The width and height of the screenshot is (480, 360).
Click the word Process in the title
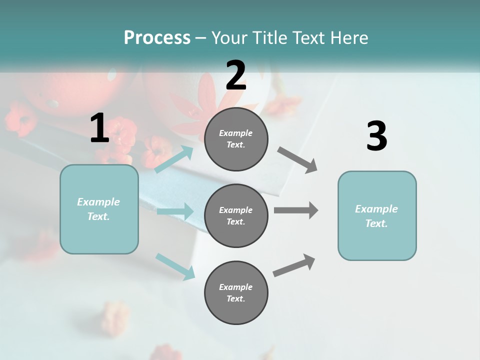pyautogui.click(x=157, y=38)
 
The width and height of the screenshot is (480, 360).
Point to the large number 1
pyautogui.click(x=99, y=128)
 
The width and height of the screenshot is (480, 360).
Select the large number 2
pyautogui.click(x=236, y=75)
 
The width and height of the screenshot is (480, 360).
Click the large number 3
pyautogui.click(x=376, y=136)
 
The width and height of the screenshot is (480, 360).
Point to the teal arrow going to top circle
pyautogui.click(x=174, y=159)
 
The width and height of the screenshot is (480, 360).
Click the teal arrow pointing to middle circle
pyautogui.click(x=174, y=211)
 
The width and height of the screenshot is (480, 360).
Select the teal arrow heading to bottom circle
pyautogui.click(x=175, y=266)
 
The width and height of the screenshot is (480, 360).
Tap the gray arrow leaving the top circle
pyautogui.click(x=297, y=160)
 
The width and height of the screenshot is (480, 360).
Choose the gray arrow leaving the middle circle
pyautogui.click(x=295, y=210)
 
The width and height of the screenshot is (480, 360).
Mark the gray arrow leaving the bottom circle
pyautogui.click(x=294, y=265)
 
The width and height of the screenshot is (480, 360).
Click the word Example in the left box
pyautogui.click(x=98, y=202)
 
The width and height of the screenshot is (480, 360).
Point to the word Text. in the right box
pyautogui.click(x=376, y=223)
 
